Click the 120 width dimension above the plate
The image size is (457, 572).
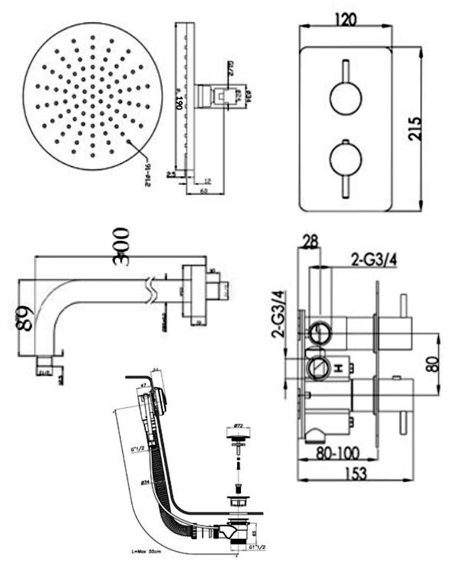344,19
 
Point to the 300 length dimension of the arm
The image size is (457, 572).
121,246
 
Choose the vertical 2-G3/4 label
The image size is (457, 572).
279,315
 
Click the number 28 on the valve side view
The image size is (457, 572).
310,242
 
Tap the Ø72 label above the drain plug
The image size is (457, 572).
238,426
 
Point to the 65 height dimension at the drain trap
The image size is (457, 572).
254,535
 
